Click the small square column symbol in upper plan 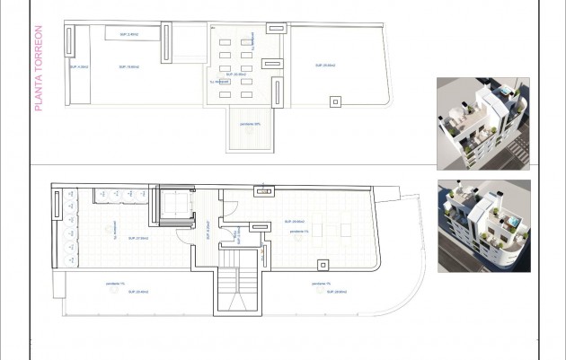(335, 101)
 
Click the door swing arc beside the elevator (185, 235)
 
